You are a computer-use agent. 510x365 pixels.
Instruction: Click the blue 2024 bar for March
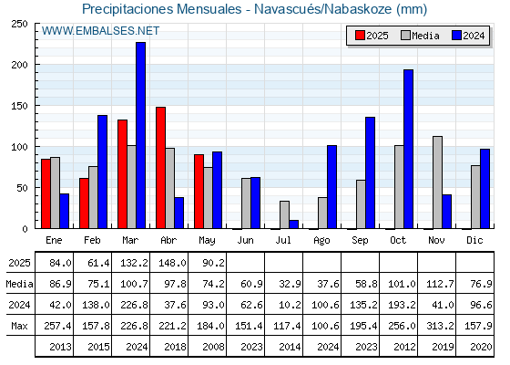click(x=141, y=135)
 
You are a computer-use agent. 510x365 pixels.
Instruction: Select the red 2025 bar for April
click(x=160, y=168)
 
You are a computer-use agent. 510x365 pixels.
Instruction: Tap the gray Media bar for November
click(x=437, y=182)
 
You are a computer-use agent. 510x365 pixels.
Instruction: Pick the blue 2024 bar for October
click(x=409, y=149)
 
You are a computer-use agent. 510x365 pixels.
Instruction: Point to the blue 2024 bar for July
click(x=293, y=224)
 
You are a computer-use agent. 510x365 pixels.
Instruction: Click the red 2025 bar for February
click(x=84, y=203)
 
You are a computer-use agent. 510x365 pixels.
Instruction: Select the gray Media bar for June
click(x=246, y=203)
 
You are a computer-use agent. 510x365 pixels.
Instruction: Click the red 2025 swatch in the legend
click(x=360, y=36)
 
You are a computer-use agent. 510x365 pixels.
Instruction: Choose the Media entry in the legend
click(x=420, y=36)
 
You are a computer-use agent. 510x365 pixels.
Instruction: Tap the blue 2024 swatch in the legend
click(x=456, y=36)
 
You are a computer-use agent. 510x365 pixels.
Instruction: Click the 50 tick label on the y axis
click(x=22, y=188)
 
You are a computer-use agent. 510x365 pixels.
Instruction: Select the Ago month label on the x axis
click(x=321, y=241)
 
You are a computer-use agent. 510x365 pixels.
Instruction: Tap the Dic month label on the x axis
click(x=474, y=240)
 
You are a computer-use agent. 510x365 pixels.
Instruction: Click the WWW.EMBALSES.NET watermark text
click(x=100, y=31)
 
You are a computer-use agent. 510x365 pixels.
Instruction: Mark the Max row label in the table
click(x=19, y=326)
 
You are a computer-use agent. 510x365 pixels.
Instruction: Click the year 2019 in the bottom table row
click(x=443, y=347)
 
